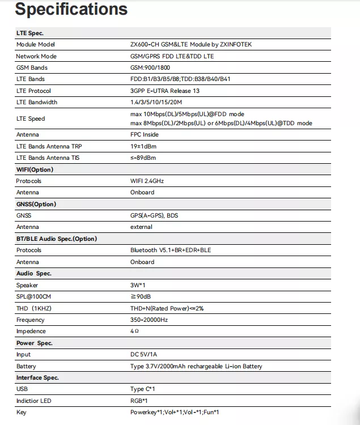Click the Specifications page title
[71, 10]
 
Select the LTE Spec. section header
[30, 33]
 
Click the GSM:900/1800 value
[150, 68]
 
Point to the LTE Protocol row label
[33, 91]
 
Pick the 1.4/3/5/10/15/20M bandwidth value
[156, 103]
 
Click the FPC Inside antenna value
[145, 135]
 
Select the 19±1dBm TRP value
[143, 146]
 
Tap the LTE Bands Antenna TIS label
[48, 158]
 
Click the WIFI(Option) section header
[35, 169]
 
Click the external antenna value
[141, 227]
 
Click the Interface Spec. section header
[37, 378]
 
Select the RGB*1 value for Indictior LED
[139, 401]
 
